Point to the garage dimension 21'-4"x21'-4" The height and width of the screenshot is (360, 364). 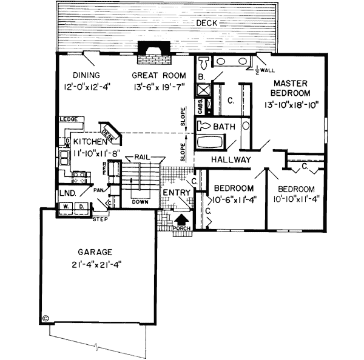point(96,264)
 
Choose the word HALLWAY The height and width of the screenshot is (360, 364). point(231,159)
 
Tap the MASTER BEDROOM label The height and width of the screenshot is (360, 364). point(292,88)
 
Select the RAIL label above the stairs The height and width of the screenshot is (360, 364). point(143,156)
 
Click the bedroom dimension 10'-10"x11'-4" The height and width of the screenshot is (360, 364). point(294,199)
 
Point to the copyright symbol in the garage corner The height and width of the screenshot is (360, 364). point(46,317)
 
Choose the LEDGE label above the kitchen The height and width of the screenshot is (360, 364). point(67,119)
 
